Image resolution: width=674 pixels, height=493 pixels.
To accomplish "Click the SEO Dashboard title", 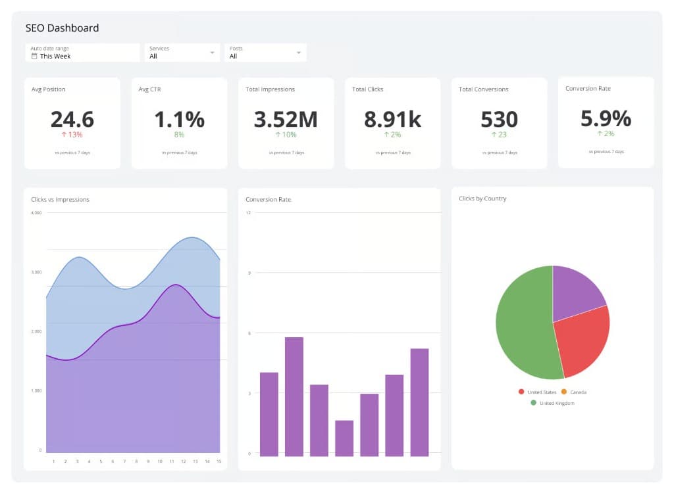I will [62, 28].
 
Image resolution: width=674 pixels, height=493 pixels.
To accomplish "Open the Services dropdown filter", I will [182, 53].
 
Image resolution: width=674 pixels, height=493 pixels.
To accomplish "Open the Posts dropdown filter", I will [265, 53].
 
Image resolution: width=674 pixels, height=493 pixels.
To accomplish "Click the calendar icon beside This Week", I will [34, 57].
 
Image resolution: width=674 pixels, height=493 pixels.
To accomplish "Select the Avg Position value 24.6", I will [72, 119].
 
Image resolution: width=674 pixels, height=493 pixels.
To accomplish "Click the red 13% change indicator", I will [72, 135].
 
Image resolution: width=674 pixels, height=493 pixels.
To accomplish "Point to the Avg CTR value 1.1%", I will [179, 119].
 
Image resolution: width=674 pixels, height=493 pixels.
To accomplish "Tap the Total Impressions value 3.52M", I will [286, 119].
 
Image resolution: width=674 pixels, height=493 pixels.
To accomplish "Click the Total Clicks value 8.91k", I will [392, 119].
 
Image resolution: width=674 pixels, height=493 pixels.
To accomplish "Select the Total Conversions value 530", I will [499, 119].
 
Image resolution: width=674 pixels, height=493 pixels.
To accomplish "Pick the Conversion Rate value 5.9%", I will [606, 118].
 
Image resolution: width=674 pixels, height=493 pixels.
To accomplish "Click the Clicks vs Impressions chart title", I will [60, 199].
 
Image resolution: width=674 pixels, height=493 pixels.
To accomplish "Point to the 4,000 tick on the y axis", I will [36, 213].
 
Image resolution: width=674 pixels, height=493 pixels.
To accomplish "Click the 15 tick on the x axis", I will [218, 461].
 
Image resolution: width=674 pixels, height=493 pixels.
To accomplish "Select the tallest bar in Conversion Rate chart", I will [294, 396].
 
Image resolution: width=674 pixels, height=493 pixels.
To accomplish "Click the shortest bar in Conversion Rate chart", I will [344, 438].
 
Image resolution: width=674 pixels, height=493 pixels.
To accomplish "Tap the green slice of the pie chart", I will [523, 325].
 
